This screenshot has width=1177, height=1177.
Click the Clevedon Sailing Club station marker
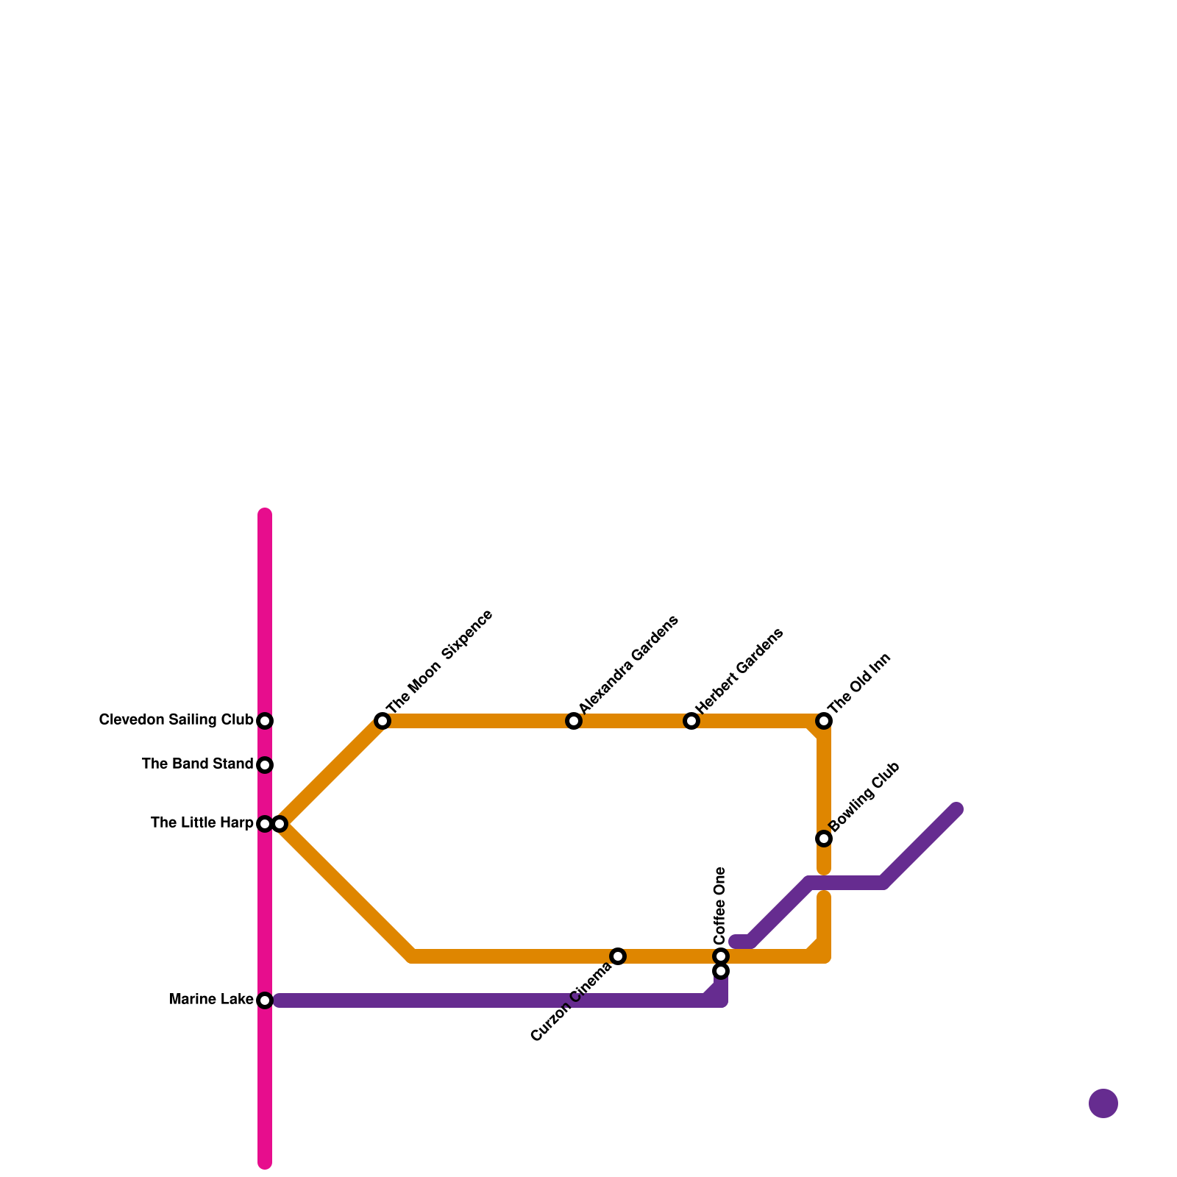click(x=266, y=721)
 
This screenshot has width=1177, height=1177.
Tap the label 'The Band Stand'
click(x=197, y=764)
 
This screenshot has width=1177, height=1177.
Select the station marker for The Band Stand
click(x=266, y=765)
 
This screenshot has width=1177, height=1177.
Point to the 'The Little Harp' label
click(x=202, y=823)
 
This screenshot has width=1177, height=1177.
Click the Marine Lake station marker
click(x=266, y=1000)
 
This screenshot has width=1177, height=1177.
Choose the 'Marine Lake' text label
click(x=211, y=1000)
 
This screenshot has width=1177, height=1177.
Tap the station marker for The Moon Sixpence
click(x=383, y=721)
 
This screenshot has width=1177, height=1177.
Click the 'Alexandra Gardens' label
click(x=628, y=664)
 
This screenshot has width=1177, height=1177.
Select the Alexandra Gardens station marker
click(x=574, y=721)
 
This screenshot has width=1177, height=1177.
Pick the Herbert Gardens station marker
click(x=691, y=721)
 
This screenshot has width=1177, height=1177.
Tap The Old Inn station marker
click(x=824, y=721)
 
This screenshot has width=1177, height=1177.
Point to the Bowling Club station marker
click(x=824, y=839)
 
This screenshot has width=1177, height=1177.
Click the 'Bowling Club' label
click(x=864, y=797)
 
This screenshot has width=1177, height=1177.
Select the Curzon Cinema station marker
click(x=618, y=956)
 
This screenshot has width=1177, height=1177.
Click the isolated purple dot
click(x=1103, y=1103)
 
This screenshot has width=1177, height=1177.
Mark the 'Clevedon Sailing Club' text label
click(x=176, y=720)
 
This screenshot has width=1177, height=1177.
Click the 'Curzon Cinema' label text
click(x=571, y=1002)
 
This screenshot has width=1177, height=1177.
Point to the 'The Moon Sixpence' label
click(x=439, y=661)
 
